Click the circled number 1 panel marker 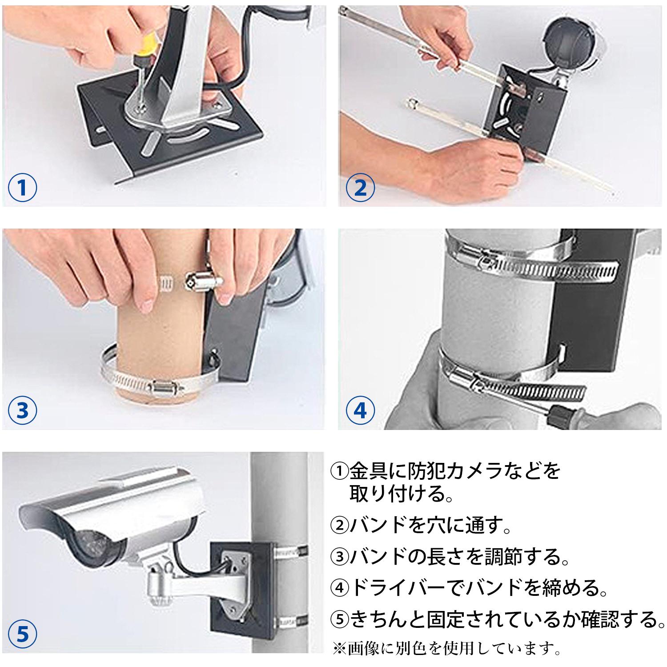pyautogui.click(x=22, y=188)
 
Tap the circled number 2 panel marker pyautogui.click(x=361, y=188)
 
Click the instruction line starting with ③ pyautogui.click(x=450, y=556)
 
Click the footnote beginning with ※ pyautogui.click(x=447, y=648)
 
